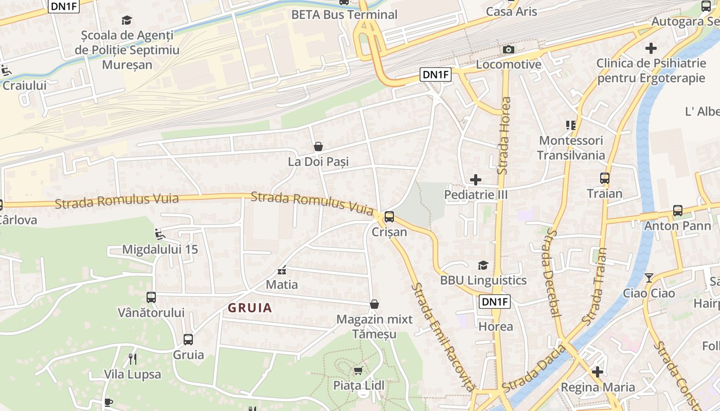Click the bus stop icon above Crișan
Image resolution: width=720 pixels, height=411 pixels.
pos(389,216)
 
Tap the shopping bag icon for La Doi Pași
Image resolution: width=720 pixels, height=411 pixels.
pos(318,147)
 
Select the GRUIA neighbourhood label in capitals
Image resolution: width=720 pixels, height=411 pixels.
pos(250,308)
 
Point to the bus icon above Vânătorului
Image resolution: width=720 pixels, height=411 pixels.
pos(151,297)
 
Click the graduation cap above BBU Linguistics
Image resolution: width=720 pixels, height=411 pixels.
pos(483,265)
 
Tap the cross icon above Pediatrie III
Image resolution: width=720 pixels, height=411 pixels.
pos(476,180)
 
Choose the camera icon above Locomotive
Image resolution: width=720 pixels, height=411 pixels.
pos(509,49)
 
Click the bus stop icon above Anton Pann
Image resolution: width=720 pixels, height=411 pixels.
pos(678,211)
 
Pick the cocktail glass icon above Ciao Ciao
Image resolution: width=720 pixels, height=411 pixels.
pos(649,278)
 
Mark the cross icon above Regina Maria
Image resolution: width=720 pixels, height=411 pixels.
pos(598,372)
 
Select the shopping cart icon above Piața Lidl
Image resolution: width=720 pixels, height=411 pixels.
pos(358,370)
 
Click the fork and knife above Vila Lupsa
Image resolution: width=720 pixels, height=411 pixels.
pos(132,359)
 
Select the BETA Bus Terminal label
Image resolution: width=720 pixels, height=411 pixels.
pos(344,14)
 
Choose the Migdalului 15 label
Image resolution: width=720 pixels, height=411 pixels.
pos(160,250)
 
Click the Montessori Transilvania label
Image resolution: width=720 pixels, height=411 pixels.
pos(571,148)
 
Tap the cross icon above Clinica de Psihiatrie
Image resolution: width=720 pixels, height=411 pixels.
pos(651,49)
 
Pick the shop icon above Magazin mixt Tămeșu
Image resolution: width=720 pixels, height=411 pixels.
pos(374,304)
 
